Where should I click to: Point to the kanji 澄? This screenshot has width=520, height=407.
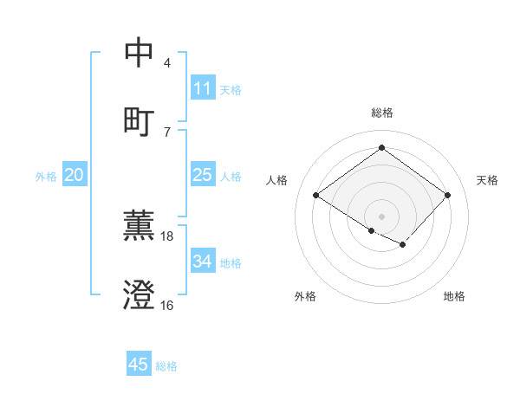point(140,294)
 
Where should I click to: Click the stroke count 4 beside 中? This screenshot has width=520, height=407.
point(167,63)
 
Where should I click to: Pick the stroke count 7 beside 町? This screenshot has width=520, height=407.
point(167,132)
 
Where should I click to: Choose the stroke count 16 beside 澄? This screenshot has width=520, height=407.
point(167,305)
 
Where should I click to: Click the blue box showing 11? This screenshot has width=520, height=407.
point(202,88)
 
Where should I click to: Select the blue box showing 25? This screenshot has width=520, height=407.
point(202,175)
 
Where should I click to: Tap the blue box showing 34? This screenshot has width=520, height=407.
point(202,262)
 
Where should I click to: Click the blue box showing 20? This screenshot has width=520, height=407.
point(75,175)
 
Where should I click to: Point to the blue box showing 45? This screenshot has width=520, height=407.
point(139,365)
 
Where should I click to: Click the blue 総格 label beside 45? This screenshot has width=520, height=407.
point(166,366)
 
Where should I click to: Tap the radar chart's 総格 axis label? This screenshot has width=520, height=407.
point(382,113)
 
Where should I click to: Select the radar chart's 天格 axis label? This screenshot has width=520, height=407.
point(487,180)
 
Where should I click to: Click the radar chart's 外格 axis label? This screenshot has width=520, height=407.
point(305,296)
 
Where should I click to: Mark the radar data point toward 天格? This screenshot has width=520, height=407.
point(447,195)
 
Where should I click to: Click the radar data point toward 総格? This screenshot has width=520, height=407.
point(381,148)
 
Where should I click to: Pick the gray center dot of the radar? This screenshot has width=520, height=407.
point(381,216)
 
